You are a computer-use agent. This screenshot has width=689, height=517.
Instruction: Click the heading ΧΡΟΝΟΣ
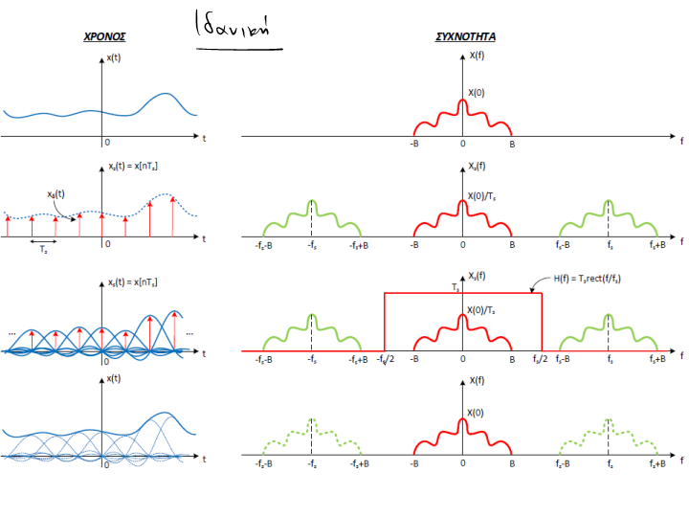[105, 37]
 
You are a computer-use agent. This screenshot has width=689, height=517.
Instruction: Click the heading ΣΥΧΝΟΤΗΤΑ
[465, 37]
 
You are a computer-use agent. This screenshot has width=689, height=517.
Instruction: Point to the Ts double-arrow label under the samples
[44, 247]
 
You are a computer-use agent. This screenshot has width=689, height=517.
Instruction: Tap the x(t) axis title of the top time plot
[115, 58]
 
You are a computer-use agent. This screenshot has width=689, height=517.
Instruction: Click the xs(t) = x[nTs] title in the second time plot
[133, 167]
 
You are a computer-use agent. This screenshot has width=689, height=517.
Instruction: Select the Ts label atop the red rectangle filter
[456, 286]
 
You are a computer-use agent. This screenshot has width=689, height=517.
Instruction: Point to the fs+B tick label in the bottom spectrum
[658, 464]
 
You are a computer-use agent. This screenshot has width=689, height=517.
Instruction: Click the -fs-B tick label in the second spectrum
[265, 244]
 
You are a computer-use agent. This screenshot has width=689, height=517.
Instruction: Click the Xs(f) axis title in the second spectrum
[479, 166]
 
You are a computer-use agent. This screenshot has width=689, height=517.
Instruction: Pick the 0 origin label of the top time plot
[107, 143]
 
